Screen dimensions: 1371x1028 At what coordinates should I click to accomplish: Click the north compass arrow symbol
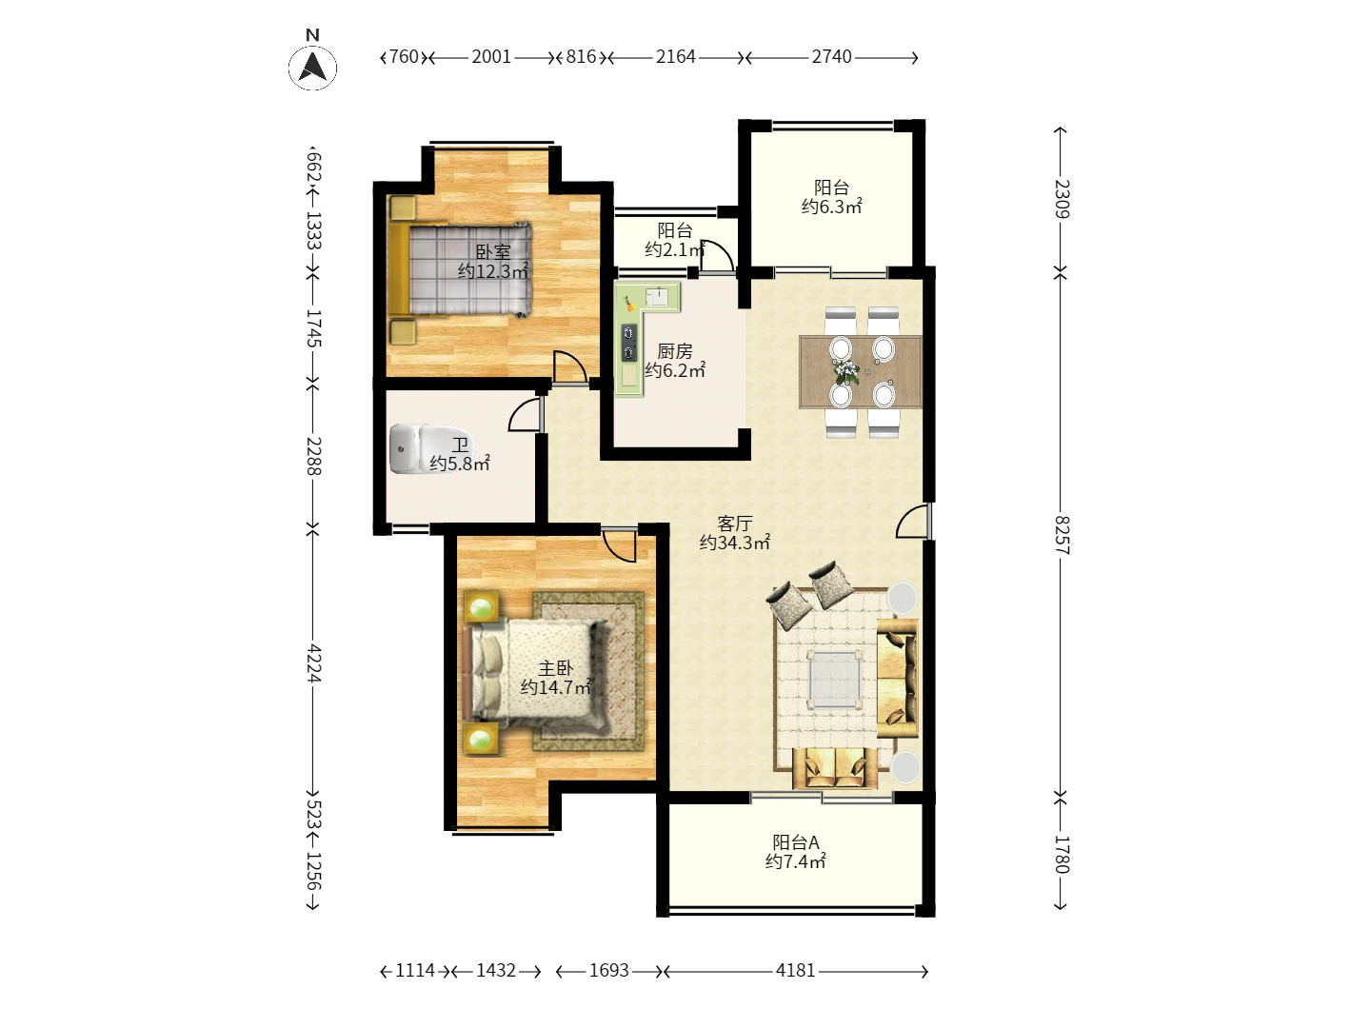coord(312,67)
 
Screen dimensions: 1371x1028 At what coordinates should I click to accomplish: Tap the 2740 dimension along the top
coord(831,57)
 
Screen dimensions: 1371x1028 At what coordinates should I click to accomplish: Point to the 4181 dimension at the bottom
coord(795,971)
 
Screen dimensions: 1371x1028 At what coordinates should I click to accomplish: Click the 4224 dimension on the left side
coord(313,663)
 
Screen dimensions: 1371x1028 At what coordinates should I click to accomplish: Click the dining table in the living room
coord(860,372)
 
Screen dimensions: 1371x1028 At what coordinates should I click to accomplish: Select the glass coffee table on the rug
coord(834,679)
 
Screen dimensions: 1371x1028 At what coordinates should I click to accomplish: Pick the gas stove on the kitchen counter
coord(629,343)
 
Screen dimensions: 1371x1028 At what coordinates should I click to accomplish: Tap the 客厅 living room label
coord(734,524)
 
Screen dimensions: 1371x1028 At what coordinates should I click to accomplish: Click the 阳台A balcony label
coord(796,842)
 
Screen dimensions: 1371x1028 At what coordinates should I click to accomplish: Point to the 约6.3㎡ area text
coord(831,207)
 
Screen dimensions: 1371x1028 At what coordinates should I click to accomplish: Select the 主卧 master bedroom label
coord(555,668)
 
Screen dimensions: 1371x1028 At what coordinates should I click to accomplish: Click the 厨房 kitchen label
coord(675,351)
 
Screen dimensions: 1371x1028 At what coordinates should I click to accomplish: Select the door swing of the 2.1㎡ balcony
coord(716,255)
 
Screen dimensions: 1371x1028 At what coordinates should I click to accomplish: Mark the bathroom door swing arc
coord(525,414)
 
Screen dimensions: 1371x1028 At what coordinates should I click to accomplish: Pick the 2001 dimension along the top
coord(491,57)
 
